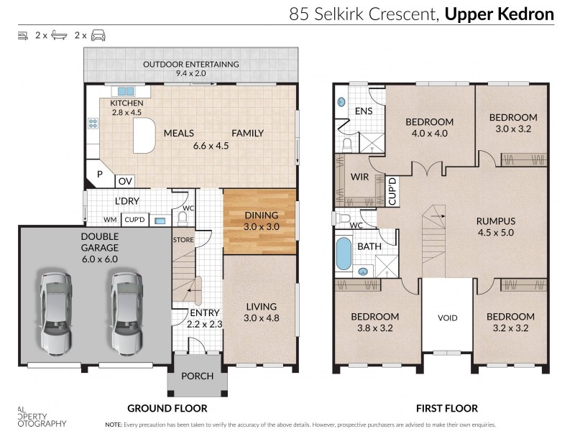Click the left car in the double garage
(56, 312)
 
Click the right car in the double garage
(125, 312)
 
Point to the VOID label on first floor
(447, 317)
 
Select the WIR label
(359, 176)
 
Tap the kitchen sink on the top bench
(126, 91)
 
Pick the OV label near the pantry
(124, 180)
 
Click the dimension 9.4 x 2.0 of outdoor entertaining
(190, 73)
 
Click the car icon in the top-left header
(98, 34)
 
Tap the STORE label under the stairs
(183, 239)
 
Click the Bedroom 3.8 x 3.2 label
(374, 321)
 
